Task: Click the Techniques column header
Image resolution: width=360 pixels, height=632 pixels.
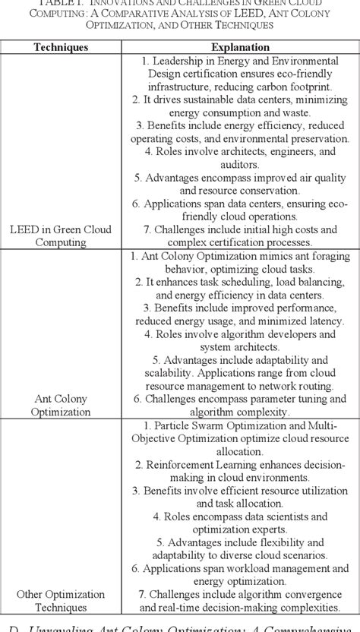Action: pyautogui.click(x=61, y=47)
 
